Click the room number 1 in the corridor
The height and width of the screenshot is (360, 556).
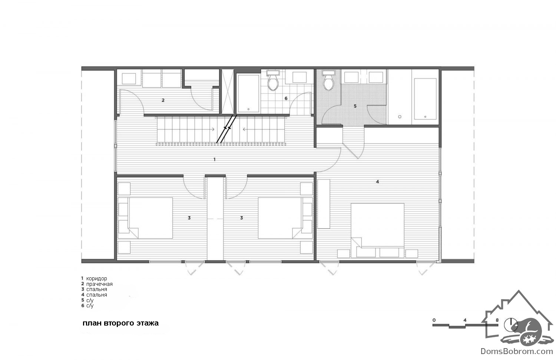tap(215, 159)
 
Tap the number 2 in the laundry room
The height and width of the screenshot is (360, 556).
tap(163, 100)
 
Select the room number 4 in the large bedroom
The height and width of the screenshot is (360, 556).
tap(377, 182)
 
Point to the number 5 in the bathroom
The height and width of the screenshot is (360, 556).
tap(355, 106)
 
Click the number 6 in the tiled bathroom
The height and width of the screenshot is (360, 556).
tap(286, 99)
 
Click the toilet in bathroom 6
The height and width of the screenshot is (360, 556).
tap(273, 80)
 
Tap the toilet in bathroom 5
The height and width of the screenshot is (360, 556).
tap(329, 80)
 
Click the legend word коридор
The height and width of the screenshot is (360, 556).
tap(96, 278)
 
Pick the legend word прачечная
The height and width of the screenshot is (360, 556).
tap(99, 284)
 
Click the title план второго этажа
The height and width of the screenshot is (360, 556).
tap(120, 323)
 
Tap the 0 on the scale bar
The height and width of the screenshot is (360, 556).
tap(434, 320)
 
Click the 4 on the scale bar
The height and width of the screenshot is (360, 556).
tap(465, 320)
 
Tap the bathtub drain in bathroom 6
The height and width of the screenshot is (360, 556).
tap(248, 109)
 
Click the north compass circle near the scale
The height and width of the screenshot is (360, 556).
tap(511, 325)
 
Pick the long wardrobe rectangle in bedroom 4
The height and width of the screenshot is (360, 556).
tap(324, 204)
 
